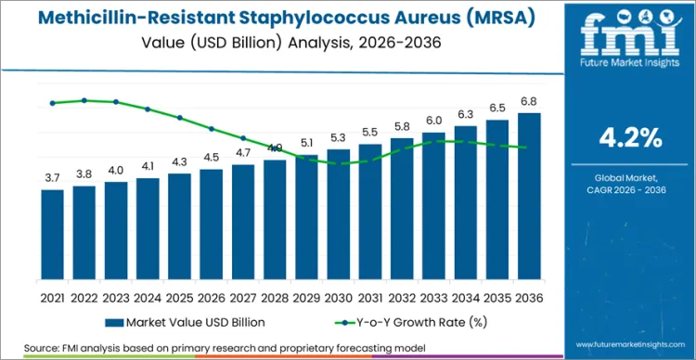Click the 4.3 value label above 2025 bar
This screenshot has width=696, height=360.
pos(180,162)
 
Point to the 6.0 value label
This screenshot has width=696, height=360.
pos(434,121)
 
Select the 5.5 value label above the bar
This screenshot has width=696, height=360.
pos(370,133)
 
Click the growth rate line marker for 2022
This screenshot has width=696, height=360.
pos(84,100)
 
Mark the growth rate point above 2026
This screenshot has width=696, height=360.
pos(212,129)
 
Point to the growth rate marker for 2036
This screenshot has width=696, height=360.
pos(529,148)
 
